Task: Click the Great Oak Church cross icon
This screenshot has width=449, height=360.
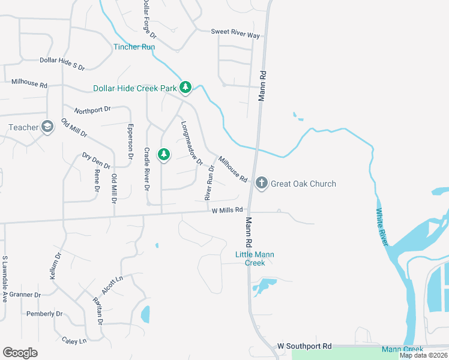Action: tap(261, 183)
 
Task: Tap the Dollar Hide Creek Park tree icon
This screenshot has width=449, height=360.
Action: tap(185, 88)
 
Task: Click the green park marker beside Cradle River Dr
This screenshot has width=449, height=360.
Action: tap(163, 155)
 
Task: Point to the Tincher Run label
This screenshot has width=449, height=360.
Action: tap(134, 47)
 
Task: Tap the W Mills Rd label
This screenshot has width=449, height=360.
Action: tap(228, 210)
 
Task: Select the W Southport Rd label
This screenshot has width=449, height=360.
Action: tap(304, 346)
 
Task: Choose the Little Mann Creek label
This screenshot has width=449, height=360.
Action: tap(255, 259)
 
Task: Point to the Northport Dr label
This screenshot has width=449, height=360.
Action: tap(92, 110)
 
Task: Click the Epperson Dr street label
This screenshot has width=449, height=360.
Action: tap(130, 141)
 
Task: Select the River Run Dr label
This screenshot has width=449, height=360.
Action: tap(209, 182)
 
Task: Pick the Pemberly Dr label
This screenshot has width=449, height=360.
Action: tap(44, 314)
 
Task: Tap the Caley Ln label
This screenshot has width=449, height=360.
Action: tap(74, 340)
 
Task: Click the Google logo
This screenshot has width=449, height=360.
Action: tap(20, 353)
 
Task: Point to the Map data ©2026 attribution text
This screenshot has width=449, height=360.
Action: tap(424, 355)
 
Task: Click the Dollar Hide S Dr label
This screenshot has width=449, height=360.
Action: tap(62, 61)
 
